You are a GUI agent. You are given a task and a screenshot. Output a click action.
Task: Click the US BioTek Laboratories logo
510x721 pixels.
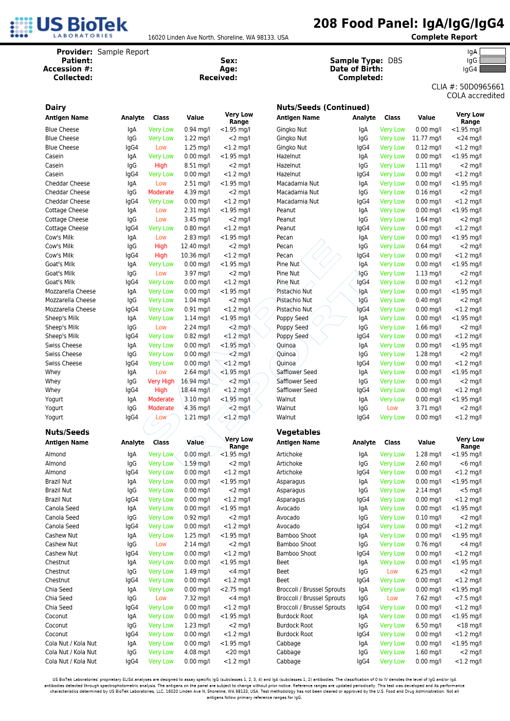click(x=69, y=27)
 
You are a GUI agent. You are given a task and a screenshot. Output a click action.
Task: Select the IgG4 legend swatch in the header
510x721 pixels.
click(x=492, y=69)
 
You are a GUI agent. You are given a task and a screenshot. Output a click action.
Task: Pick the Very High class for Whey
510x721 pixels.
click(x=161, y=381)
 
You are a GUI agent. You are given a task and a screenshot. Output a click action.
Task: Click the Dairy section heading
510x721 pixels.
click(x=56, y=107)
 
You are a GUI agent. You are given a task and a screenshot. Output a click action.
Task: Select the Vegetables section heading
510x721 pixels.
click(x=298, y=432)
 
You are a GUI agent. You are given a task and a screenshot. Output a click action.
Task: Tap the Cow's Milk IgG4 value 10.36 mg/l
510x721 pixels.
click(x=195, y=255)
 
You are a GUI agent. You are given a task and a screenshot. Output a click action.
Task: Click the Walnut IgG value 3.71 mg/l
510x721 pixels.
click(x=428, y=408)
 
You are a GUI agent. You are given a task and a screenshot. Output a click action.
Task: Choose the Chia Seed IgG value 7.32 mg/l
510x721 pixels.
click(x=197, y=598)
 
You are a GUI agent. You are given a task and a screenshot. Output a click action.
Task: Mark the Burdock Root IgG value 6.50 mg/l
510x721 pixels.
click(x=428, y=625)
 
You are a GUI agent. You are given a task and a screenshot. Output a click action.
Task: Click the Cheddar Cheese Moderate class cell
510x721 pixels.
click(x=161, y=192)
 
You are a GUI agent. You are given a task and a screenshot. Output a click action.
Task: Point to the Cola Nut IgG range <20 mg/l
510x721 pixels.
click(x=237, y=652)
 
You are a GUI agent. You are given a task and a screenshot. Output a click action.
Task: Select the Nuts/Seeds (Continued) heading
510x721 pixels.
click(x=323, y=107)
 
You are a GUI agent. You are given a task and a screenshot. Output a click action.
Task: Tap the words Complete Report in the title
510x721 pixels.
click(x=444, y=37)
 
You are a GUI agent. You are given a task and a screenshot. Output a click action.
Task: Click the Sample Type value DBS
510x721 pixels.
click(x=395, y=61)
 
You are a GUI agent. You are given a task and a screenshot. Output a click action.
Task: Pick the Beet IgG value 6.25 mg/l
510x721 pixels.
click(x=428, y=571)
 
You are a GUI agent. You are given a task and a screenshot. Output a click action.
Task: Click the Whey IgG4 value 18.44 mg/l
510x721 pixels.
click(x=195, y=390)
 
